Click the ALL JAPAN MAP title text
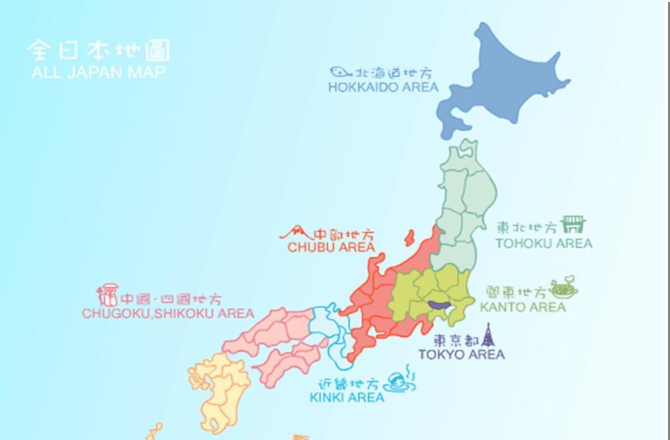click(x=98, y=72)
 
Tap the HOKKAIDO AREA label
click(x=383, y=87)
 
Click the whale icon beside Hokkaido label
click(x=340, y=71)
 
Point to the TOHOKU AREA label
click(x=543, y=244)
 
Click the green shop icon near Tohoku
click(x=573, y=224)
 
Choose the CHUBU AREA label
click(x=331, y=248)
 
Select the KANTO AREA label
click(x=523, y=307)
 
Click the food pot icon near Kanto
click(x=563, y=288)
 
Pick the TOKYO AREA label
click(x=461, y=354)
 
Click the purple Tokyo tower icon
click(x=488, y=334)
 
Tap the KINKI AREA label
click(x=346, y=398)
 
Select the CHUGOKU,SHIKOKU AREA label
click(x=167, y=313)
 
